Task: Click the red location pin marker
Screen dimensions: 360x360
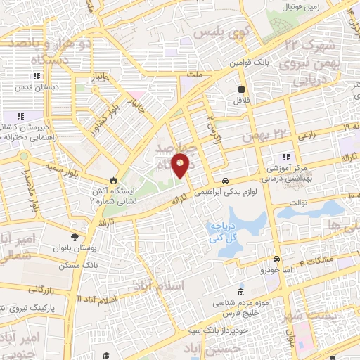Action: click(x=181, y=165)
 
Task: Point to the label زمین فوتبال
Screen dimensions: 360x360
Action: click(x=303, y=6)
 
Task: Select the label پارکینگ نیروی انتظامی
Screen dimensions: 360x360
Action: click(x=28, y=308)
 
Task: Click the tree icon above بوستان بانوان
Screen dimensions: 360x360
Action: click(x=76, y=238)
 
